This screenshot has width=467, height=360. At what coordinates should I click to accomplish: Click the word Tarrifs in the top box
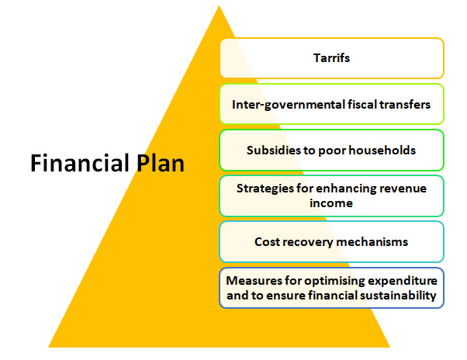click(331, 57)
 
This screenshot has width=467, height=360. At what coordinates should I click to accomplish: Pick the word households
click(382, 150)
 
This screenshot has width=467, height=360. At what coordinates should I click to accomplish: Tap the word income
click(331, 203)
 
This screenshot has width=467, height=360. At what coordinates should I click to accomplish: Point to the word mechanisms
click(372, 242)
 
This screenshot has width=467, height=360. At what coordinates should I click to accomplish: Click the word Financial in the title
click(80, 163)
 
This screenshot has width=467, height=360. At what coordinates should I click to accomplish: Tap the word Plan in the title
click(161, 163)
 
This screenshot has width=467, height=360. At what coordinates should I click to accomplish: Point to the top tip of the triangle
click(220, 5)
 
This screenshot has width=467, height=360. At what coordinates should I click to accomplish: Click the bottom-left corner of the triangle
click(48, 347)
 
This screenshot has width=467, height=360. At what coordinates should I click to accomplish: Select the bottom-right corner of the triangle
click(390, 347)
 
